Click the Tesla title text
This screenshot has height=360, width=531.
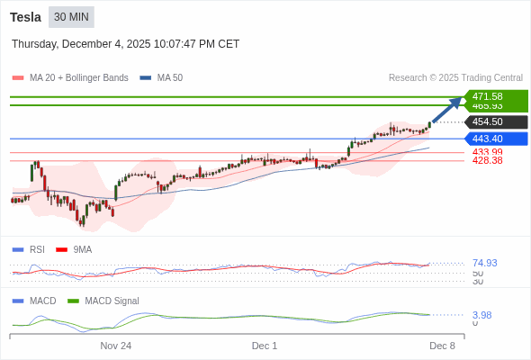coord(26,17)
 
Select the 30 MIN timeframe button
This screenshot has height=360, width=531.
coord(71,17)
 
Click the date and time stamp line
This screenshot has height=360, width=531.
coord(125,43)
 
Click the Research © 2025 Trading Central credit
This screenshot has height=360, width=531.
coord(455,77)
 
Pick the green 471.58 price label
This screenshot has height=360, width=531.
coord(487,96)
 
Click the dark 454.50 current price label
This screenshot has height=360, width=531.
coord(487,122)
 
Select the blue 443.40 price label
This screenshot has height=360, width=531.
coord(487,139)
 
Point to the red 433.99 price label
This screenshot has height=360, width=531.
coord(487,152)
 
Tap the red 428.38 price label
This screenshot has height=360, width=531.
coord(487,160)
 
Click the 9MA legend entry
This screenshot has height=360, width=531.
coord(82,249)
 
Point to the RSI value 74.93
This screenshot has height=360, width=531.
coord(484,263)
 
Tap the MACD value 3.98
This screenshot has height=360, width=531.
coord(481,315)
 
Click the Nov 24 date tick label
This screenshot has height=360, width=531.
coord(115,346)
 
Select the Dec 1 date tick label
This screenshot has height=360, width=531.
coord(264,346)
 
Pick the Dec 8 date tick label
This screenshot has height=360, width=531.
coord(442,346)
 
